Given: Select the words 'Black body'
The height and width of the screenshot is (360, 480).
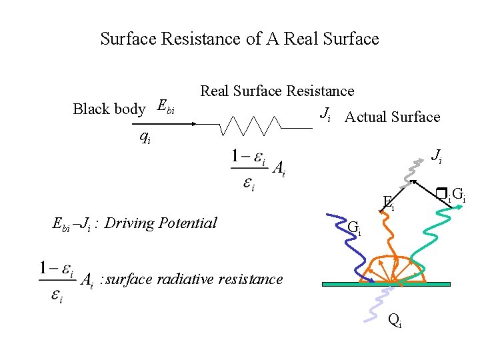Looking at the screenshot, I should click(109, 109).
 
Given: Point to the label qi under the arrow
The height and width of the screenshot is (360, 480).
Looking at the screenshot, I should click(144, 137).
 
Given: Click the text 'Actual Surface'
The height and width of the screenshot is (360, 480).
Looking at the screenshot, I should click(392, 117).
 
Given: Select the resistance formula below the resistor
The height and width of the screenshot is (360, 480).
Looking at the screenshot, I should click(259, 169).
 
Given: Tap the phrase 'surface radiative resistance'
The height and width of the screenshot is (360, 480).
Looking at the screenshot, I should click(194, 279).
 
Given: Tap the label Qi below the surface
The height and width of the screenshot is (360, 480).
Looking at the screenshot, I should click(395, 321).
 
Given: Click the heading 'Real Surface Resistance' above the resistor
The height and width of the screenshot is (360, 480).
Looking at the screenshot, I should click(277, 91).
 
